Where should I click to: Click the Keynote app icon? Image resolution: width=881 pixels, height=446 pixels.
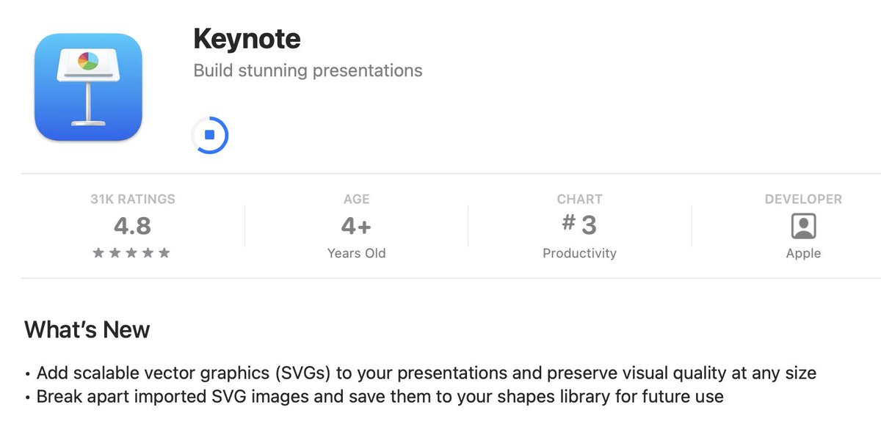point(88,87)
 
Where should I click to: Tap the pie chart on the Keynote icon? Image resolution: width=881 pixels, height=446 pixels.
point(88,61)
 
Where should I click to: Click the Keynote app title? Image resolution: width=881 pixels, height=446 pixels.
point(247,39)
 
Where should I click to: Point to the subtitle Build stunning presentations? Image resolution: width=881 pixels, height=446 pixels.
point(308,71)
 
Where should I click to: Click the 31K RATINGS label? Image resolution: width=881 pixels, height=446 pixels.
point(133,199)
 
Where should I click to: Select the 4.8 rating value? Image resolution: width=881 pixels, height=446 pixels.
point(133,226)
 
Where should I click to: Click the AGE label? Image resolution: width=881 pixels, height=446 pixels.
point(356,199)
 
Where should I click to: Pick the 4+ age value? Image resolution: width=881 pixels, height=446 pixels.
point(356,226)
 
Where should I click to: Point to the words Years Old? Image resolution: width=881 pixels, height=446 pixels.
point(356,253)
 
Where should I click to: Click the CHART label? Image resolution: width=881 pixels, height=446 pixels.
point(579,199)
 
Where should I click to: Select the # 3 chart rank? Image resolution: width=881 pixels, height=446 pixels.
point(579,224)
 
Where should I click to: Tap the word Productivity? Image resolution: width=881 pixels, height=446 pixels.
point(579,253)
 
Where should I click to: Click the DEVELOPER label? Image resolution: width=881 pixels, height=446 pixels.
point(803,199)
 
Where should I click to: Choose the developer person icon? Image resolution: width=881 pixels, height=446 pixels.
point(803,226)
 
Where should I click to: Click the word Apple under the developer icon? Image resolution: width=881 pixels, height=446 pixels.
point(803,253)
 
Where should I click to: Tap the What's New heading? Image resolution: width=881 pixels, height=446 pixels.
point(87,329)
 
